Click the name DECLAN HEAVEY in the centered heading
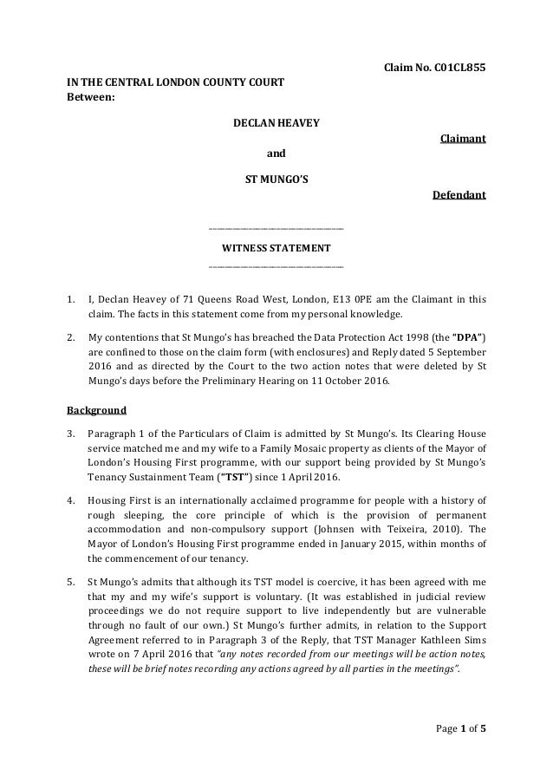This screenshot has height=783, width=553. click(x=276, y=124)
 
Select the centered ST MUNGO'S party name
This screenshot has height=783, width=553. click(x=276, y=180)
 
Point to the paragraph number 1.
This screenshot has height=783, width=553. click(x=71, y=300)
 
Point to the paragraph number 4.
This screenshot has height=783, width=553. click(x=71, y=500)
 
